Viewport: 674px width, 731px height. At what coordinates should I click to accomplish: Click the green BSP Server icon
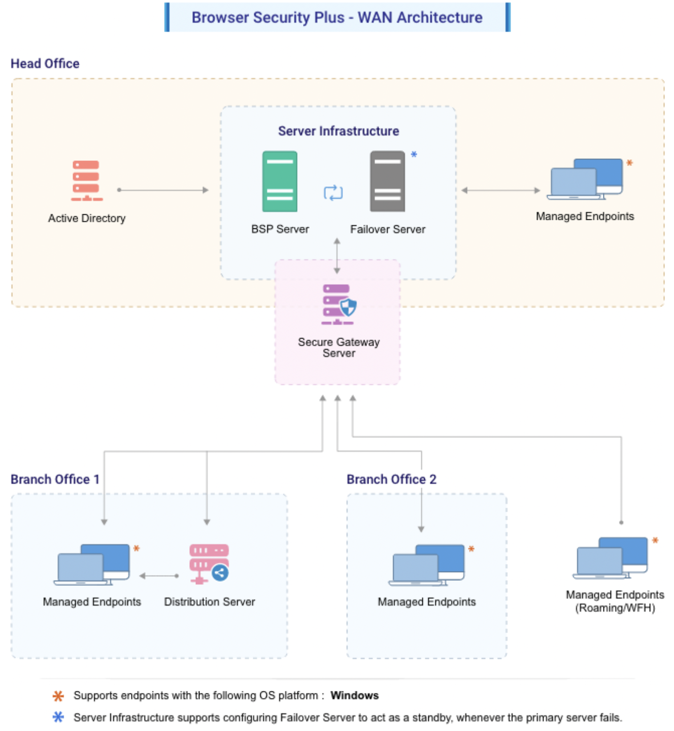pyautogui.click(x=280, y=181)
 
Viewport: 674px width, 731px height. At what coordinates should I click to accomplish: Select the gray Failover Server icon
pyautogui.click(x=387, y=181)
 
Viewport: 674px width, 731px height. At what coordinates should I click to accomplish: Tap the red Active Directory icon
pyautogui.click(x=86, y=180)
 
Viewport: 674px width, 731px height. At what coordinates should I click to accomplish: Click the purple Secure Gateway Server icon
pyautogui.click(x=339, y=305)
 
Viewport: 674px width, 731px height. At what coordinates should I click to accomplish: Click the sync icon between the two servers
pyautogui.click(x=333, y=193)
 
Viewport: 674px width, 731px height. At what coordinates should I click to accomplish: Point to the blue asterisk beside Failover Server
pyautogui.click(x=414, y=154)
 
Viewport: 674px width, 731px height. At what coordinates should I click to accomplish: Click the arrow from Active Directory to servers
pyautogui.click(x=162, y=190)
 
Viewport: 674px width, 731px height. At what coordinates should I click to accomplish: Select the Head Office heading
pyautogui.click(x=45, y=63)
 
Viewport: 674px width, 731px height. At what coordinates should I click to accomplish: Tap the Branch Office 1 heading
pyautogui.click(x=55, y=479)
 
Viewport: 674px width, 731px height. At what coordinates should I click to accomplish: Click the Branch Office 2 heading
pyautogui.click(x=391, y=479)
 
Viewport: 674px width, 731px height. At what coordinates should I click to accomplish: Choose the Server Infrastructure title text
pyautogui.click(x=339, y=131)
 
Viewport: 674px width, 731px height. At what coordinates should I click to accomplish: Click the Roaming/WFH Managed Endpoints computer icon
pyautogui.click(x=611, y=558)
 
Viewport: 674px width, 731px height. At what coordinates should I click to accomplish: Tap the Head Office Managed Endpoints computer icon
pyautogui.click(x=586, y=179)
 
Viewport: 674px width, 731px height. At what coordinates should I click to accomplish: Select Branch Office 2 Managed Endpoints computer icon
pyautogui.click(x=427, y=565)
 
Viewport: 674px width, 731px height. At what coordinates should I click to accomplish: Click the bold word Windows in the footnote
pyautogui.click(x=354, y=695)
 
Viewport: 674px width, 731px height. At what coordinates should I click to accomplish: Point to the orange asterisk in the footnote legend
pyautogui.click(x=58, y=695)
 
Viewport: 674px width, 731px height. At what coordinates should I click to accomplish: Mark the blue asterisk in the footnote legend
pyautogui.click(x=58, y=717)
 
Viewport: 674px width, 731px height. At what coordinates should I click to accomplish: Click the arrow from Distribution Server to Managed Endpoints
pyautogui.click(x=159, y=576)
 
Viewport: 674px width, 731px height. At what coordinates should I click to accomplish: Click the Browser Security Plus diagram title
pyautogui.click(x=337, y=17)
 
